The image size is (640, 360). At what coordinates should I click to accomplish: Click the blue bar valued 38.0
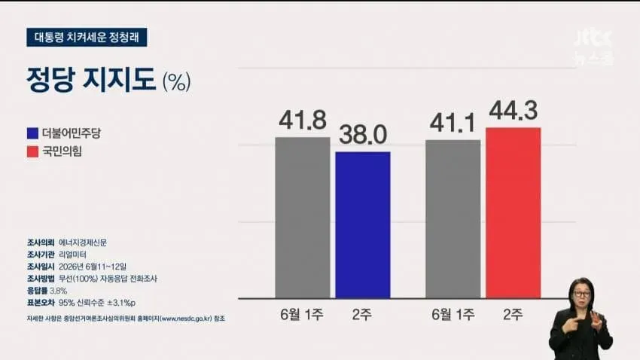click(363, 225)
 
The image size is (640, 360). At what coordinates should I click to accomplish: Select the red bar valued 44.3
click(514, 213)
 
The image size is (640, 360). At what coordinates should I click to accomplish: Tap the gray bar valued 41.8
click(303, 218)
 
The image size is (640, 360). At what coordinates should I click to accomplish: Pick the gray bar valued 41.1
click(453, 219)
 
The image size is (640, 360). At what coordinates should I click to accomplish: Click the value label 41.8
click(303, 120)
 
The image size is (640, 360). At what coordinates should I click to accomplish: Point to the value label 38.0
click(363, 135)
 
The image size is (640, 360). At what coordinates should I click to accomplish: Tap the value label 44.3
click(514, 110)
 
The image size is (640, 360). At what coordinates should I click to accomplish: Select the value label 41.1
click(453, 123)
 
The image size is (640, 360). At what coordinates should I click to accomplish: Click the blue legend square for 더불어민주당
click(32, 133)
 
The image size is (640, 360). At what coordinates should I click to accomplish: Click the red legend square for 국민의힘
click(32, 151)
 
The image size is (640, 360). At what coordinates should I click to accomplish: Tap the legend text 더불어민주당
click(72, 133)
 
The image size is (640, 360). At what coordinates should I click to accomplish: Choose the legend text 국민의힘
click(62, 151)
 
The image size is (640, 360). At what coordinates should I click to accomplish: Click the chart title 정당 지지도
click(91, 79)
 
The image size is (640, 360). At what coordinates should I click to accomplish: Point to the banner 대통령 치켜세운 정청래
click(87, 38)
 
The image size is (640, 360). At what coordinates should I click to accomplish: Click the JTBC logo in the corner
click(594, 47)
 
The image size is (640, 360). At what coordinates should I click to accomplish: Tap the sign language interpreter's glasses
click(582, 294)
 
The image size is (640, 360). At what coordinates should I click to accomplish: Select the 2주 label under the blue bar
click(362, 314)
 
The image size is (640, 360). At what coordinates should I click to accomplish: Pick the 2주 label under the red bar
click(513, 314)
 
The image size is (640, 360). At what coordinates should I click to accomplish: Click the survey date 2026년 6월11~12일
click(93, 267)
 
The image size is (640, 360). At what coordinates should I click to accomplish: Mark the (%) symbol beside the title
click(177, 81)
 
